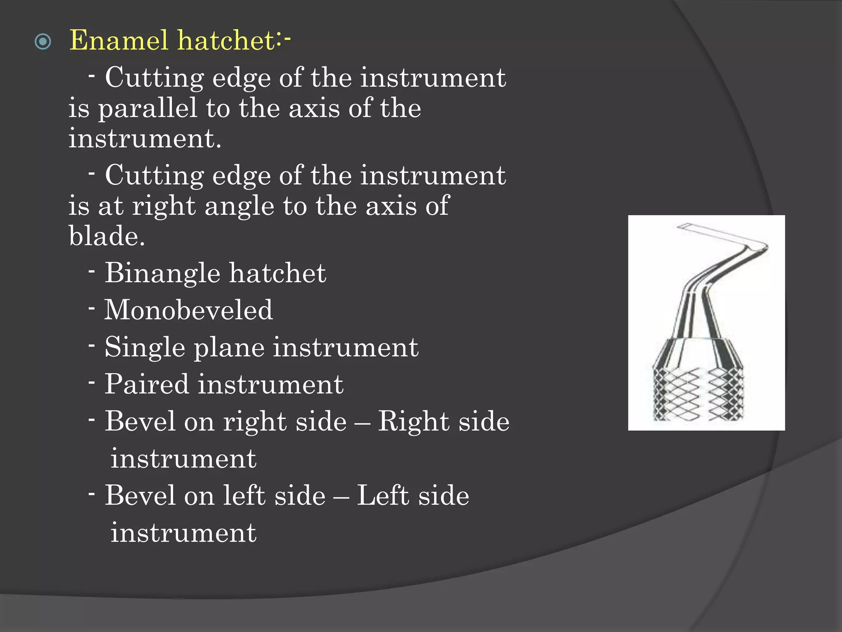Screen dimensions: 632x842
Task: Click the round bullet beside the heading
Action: tap(43, 42)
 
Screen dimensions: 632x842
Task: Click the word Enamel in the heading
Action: tap(119, 40)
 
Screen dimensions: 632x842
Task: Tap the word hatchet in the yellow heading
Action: tap(227, 40)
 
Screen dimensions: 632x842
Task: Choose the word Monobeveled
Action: tap(188, 310)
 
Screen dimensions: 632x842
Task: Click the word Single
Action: tap(145, 348)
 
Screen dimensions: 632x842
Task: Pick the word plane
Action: tap(229, 348)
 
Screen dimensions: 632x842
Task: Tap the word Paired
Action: tap(147, 384)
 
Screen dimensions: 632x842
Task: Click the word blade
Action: tap(106, 236)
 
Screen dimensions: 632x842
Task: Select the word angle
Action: tap(239, 206)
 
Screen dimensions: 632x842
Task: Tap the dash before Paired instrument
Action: tap(92, 382)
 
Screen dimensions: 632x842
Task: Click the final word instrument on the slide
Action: tap(183, 532)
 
